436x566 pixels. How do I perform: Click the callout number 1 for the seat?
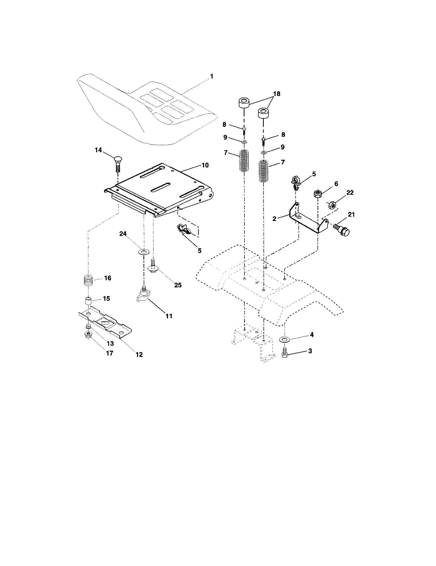pyautogui.click(x=212, y=76)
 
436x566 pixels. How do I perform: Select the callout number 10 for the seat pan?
pyautogui.click(x=205, y=165)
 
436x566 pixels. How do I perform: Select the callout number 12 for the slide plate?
pyautogui.click(x=139, y=354)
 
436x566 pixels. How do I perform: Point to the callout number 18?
pyautogui.click(x=277, y=94)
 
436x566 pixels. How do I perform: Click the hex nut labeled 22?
pyautogui.click(x=332, y=205)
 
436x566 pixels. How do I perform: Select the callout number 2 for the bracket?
pyautogui.click(x=275, y=218)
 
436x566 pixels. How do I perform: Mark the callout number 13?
pyautogui.click(x=110, y=343)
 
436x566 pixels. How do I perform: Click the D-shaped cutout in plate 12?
pyautogui.click(x=105, y=323)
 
